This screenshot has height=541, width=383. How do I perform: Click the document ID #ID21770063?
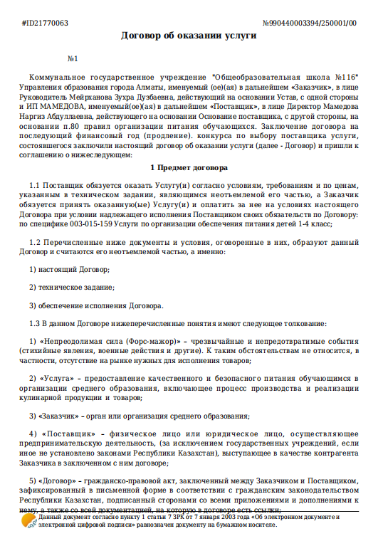[x=46, y=23]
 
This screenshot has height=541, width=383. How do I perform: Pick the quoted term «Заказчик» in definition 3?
[x=63, y=414]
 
